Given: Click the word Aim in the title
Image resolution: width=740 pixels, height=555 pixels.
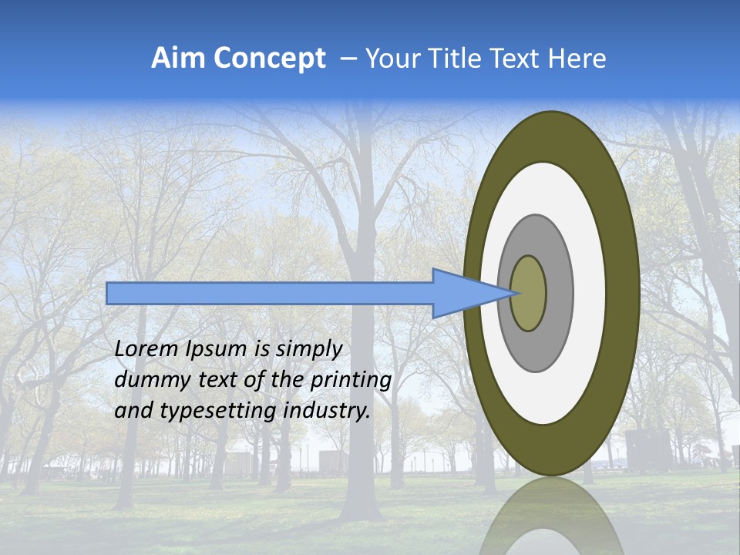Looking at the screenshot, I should tap(178, 59).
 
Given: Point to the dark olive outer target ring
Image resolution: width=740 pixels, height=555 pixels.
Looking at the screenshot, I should tap(624, 294).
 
